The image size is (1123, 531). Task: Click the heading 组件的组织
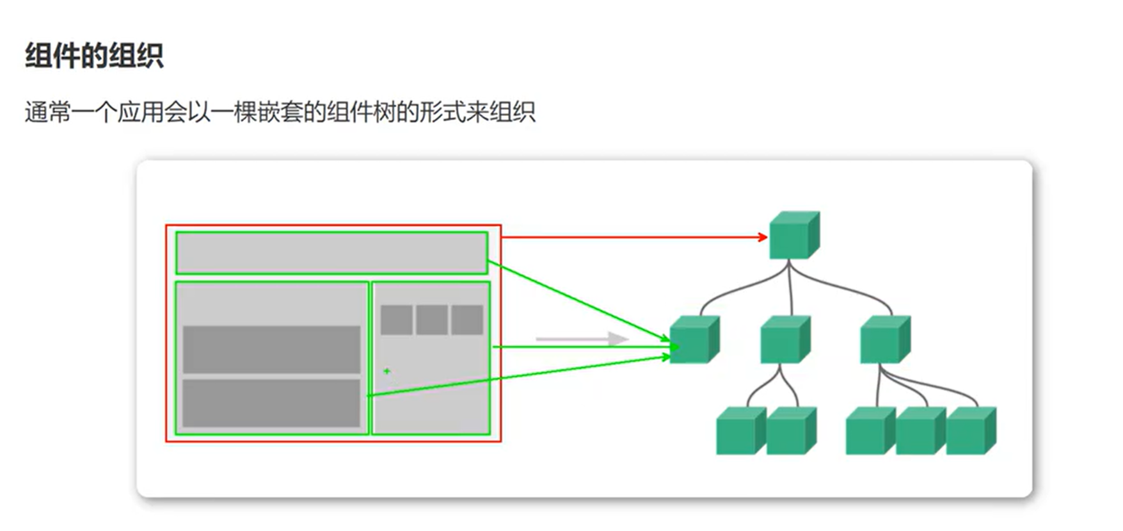94,56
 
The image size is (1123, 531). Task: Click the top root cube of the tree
793,236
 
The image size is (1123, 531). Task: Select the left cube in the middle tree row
694,340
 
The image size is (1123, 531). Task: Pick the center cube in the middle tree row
785,340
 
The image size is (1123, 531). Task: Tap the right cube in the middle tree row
884,340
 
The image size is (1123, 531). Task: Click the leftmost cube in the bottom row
740,431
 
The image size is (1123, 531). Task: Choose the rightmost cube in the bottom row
970,431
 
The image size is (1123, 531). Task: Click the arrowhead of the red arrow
763,237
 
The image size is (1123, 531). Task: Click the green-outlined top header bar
331,253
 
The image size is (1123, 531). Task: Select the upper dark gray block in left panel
271,349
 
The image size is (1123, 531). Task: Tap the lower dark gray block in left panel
271,403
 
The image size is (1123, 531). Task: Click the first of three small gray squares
396,320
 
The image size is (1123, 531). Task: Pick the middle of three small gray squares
432,320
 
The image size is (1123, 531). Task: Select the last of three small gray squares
467,320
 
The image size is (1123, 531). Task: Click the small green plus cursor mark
386,371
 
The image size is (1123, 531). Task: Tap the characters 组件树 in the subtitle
362,112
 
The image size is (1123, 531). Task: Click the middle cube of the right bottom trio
920,431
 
